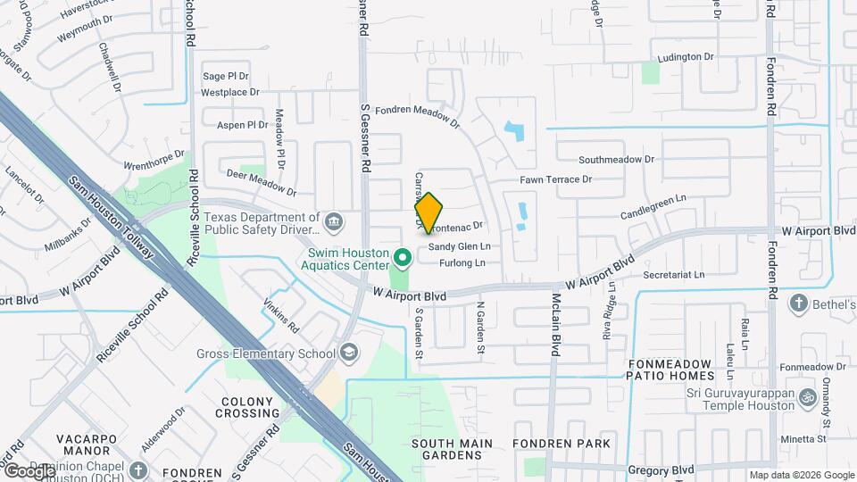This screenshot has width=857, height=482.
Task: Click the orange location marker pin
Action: coord(428,212)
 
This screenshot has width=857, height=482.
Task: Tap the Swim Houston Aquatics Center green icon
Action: coord(403,259)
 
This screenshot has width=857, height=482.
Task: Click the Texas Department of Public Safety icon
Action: coord(333,220)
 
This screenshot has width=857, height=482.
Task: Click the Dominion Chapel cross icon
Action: coord(137,470)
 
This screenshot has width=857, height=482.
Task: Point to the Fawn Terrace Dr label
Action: coord(557,179)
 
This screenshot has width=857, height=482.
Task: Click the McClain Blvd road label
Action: coord(554,325)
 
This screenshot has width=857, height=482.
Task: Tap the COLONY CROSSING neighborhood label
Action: coord(250,407)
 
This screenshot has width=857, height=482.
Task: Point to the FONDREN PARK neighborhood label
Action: coord(562,444)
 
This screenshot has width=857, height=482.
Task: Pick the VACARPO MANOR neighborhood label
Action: coord(94,445)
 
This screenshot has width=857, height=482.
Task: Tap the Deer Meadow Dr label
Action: coord(262,182)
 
